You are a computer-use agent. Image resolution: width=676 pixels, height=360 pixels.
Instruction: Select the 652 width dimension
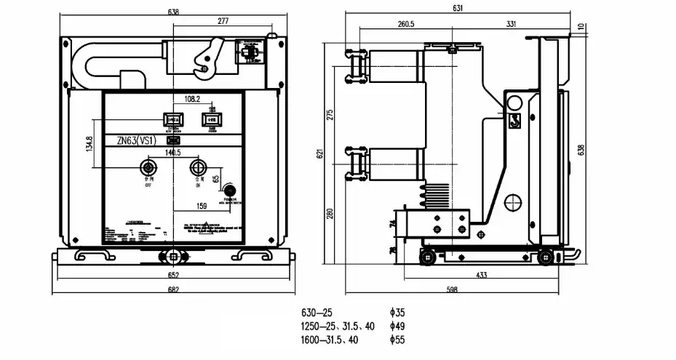pos(172,276)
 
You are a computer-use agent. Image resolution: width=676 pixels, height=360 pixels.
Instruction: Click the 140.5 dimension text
pos(172,153)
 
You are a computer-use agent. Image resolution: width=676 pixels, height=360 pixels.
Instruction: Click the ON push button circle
pos(197,169)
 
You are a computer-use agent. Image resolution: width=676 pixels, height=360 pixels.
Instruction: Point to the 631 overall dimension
pos(458,9)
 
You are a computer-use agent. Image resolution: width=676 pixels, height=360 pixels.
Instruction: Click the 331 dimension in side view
pos(511,24)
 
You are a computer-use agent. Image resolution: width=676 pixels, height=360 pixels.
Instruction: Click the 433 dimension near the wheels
pos(482,276)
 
